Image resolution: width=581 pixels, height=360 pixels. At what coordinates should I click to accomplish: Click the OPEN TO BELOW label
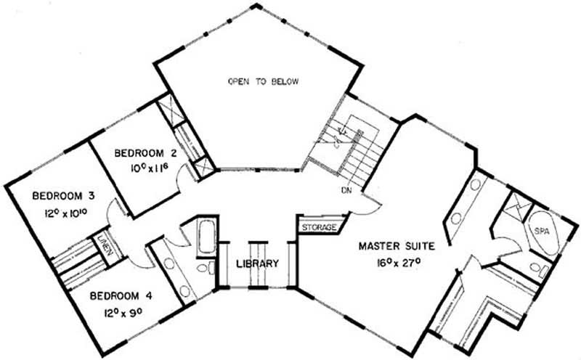pos(263,81)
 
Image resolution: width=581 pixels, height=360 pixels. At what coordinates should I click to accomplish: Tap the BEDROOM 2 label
pos(146,153)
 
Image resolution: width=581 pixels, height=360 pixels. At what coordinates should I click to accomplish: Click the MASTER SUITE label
pos(397,246)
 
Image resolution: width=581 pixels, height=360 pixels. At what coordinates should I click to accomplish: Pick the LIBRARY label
pos(258,263)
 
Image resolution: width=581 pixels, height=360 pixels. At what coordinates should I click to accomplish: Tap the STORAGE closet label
pos(319,227)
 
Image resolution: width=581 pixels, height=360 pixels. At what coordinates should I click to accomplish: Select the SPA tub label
pos(541,232)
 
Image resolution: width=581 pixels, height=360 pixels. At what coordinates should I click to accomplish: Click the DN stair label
pos(346,190)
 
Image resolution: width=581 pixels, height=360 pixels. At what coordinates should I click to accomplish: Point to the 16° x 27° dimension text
pos(399,263)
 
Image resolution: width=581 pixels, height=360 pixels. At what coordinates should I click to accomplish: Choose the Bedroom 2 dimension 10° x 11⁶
pos(150,168)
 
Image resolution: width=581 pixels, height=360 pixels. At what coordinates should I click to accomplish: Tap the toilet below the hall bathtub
pos(206,267)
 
